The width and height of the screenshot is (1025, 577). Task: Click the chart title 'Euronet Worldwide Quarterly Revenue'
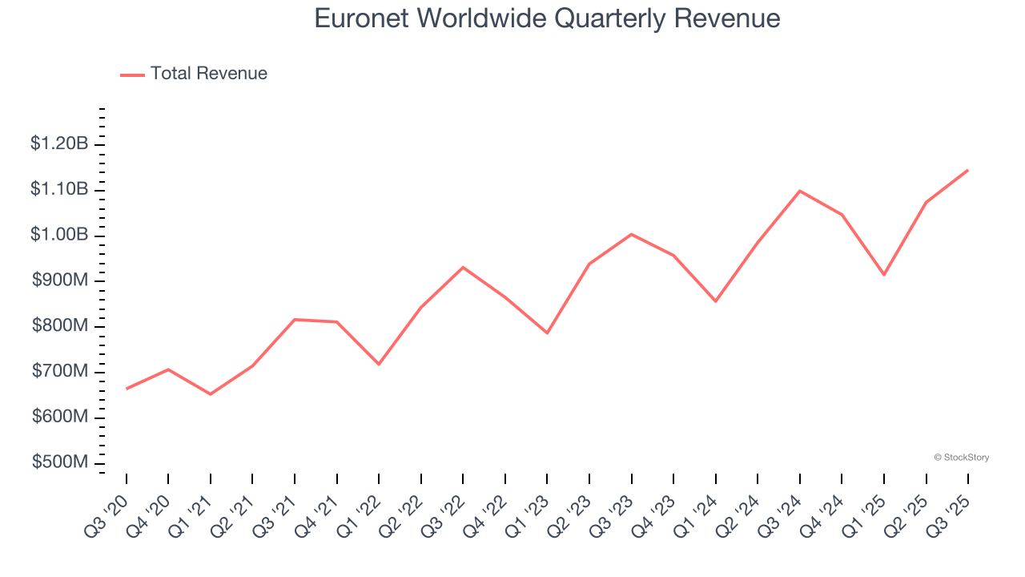(547, 18)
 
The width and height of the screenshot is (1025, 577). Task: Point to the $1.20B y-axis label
(59, 144)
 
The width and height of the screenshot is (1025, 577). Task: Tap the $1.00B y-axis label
(59, 236)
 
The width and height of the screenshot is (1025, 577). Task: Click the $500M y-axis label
(60, 463)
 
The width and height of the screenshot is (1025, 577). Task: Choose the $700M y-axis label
(60, 372)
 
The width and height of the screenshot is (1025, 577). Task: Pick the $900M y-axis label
(60, 281)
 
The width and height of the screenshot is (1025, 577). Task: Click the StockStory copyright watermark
(961, 458)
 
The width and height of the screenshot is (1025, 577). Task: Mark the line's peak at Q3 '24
(799, 191)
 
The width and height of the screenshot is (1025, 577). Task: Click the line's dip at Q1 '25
(884, 275)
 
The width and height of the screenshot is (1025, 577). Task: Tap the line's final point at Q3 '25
(967, 170)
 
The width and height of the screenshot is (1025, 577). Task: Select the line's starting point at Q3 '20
(127, 389)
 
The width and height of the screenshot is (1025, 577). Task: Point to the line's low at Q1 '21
(211, 394)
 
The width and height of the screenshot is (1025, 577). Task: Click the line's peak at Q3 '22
(463, 267)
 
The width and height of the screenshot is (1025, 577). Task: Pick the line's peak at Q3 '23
(631, 234)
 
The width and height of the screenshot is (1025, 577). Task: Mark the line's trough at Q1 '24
(715, 301)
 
